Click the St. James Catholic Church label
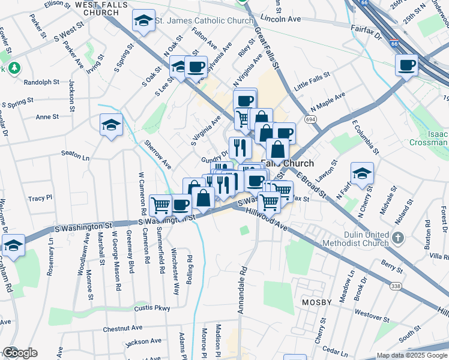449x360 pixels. pos(204,21)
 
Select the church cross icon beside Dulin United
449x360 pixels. pos(397,239)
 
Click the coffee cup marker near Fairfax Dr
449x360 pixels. pos(406,65)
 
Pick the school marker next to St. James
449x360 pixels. pos(143,21)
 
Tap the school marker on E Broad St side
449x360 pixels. pos(362,173)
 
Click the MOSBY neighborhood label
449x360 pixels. pos(317,302)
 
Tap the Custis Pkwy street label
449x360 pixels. pos(152,308)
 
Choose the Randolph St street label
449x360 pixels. pos(41,82)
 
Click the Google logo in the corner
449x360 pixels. pos(20,353)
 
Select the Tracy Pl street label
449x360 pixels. pos(40,197)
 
